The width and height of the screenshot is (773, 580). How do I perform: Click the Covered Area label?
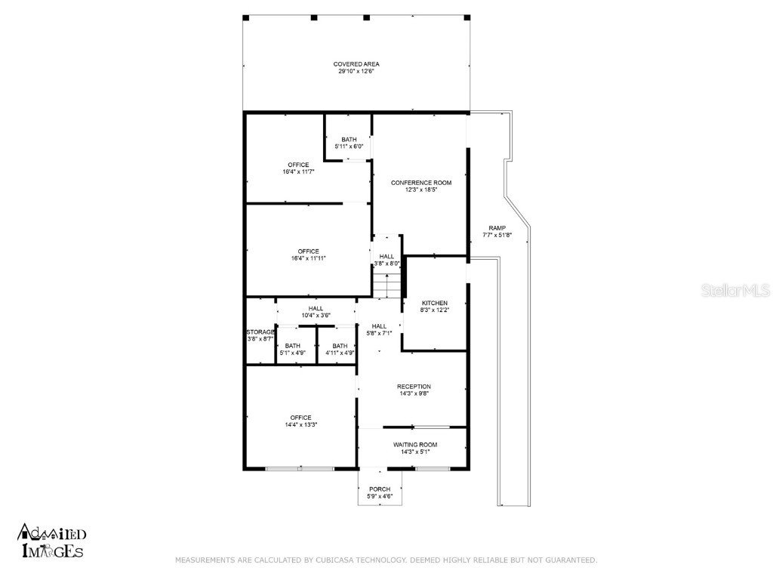[x=356, y=64]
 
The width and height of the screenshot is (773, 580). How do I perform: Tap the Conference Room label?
[x=420, y=183]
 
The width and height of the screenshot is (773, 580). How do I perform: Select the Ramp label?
[x=497, y=228]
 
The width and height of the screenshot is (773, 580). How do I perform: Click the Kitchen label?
[x=434, y=303]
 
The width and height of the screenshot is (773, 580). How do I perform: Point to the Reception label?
[x=414, y=387]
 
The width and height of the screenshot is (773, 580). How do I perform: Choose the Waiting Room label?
[x=414, y=445]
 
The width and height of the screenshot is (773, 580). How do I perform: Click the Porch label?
[x=380, y=489]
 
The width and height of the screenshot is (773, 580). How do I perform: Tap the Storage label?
[x=260, y=332]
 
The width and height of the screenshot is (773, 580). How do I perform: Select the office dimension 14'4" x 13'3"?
[x=300, y=425]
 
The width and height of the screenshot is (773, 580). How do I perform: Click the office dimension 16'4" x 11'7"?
[x=298, y=172]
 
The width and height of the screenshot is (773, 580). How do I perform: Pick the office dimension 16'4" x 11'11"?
[x=308, y=258]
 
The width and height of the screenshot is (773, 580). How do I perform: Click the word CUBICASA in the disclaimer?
[x=331, y=560]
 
